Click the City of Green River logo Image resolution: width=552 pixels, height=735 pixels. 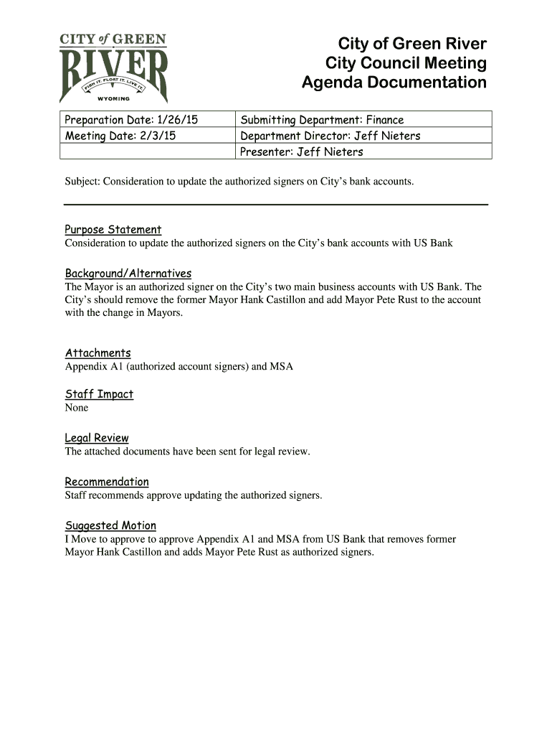pos(114,67)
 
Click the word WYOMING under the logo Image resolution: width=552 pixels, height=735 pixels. pos(113,98)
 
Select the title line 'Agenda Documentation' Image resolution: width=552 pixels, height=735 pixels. pos(394,83)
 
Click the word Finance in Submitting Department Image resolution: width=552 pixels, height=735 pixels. pos(385,120)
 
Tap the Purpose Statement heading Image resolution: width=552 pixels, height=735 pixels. pos(113,230)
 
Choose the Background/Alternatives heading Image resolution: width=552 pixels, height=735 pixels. pos(128,273)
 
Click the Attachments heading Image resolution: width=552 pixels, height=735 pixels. pos(98,353)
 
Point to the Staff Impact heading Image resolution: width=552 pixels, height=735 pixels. pos(100,394)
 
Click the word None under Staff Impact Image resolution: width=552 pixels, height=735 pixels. pos(77,408)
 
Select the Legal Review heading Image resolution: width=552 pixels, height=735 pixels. pos(97,438)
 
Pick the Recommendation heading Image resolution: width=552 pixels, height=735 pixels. pos(107,482)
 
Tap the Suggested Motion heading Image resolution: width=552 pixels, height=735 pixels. pos(110,525)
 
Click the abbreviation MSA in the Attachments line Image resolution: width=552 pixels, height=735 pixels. pos(281,367)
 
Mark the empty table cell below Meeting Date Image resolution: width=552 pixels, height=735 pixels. pos(147,151)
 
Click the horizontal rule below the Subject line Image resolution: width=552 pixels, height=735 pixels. pos(276,205)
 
